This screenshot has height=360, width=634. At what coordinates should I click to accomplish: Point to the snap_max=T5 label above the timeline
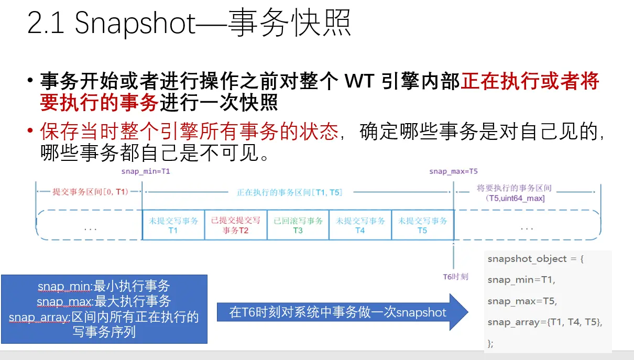tap(453, 171)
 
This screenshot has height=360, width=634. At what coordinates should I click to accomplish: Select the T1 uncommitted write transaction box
tap(173, 225)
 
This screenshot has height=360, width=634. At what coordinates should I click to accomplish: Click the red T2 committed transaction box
tap(235, 225)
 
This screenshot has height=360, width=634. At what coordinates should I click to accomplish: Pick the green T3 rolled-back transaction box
tap(298, 225)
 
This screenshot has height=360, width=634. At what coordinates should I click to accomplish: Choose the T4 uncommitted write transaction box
tap(360, 225)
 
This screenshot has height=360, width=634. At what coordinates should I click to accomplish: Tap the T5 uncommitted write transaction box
tap(422, 225)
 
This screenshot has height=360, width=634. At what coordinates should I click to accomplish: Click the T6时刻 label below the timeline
tap(455, 276)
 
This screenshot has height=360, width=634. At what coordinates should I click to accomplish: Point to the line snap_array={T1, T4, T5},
tap(545, 322)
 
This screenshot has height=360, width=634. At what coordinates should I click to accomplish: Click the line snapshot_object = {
tap(535, 259)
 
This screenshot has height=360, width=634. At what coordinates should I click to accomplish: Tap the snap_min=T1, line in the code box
tap(521, 280)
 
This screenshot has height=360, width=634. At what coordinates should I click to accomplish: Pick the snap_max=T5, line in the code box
tap(522, 301)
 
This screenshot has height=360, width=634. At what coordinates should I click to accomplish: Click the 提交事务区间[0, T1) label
tap(90, 192)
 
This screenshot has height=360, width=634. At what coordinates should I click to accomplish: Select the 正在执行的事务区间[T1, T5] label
tap(289, 192)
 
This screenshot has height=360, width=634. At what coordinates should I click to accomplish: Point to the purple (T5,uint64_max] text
tap(515, 198)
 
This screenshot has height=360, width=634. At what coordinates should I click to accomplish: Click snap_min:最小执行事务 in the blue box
tap(104, 286)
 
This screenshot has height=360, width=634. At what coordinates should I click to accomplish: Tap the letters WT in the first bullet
tap(360, 82)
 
